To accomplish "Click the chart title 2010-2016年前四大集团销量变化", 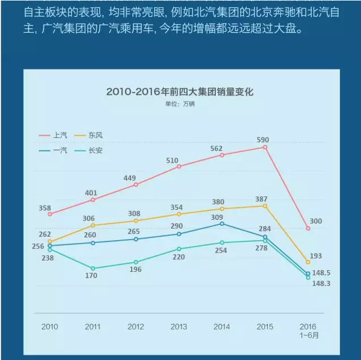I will tap(180, 92).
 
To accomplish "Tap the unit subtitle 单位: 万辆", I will tap(180, 104).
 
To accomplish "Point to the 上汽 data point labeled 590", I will tap(265, 147).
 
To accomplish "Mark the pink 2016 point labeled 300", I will tap(308, 228).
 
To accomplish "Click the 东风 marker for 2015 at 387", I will tap(265, 206).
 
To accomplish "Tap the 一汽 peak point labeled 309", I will tap(222, 224).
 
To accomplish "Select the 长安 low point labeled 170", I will tap(93, 268).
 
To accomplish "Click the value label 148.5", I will tap(321, 272).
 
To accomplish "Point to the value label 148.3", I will tap(321, 283).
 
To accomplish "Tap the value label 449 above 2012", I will tap(130, 179).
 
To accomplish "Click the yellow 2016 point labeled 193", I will tap(308, 262).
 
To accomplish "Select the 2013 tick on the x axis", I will tap(179, 327).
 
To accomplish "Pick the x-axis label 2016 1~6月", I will tap(308, 331).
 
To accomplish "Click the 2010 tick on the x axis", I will tap(50, 327).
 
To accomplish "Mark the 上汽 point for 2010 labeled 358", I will tap(50, 214).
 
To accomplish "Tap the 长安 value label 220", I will tap(179, 257).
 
